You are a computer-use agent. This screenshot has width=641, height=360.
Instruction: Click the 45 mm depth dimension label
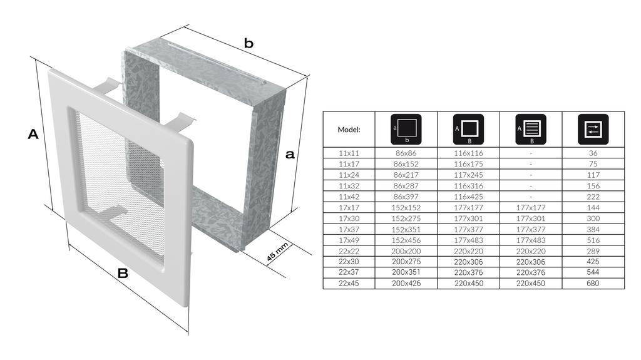pyautogui.click(x=277, y=252)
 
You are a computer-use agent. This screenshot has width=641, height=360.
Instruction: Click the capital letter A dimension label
pyautogui.click(x=33, y=134)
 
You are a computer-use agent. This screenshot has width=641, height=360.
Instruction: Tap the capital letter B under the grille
pyautogui.click(x=123, y=273)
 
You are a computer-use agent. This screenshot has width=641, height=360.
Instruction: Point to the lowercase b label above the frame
pyautogui.click(x=249, y=43)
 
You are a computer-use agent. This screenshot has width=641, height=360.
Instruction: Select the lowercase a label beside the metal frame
pyautogui.click(x=290, y=154)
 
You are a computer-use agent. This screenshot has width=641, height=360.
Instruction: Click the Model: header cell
pyautogui.click(x=349, y=130)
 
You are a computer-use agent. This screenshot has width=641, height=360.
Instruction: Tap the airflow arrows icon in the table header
pyautogui.click(x=593, y=129)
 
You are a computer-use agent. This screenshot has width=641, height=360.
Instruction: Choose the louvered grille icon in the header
pyautogui.click(x=531, y=129)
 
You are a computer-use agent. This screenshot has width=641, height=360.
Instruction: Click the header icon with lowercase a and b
pyautogui.click(x=406, y=129)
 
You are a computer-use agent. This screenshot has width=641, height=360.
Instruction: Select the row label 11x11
pyautogui.click(x=349, y=153)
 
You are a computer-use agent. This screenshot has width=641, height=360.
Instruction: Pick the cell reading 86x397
pyautogui.click(x=406, y=197)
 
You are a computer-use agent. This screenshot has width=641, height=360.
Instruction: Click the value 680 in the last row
pyautogui.click(x=593, y=283)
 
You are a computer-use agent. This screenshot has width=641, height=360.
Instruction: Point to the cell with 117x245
pyautogui.click(x=468, y=175)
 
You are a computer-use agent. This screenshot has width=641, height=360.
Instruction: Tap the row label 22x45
pyautogui.click(x=349, y=283)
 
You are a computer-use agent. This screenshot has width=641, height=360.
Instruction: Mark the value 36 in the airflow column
pyautogui.click(x=593, y=153)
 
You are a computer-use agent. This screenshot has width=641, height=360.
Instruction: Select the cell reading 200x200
pyautogui.click(x=406, y=251)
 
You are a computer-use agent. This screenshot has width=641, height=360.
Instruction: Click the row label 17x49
pyautogui.click(x=349, y=240)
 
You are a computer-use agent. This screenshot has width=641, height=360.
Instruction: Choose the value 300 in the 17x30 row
pyautogui.click(x=593, y=219)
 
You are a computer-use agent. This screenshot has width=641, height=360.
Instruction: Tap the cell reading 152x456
pyautogui.click(x=406, y=240)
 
